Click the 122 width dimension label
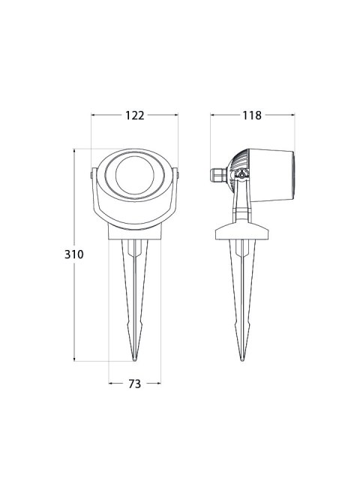tap(134, 115)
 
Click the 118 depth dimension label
tap(252, 115)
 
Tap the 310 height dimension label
tap(74, 255)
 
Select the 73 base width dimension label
tap(134, 384)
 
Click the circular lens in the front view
tap(135, 175)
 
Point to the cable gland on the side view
tap(218, 176)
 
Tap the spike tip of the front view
tap(135, 360)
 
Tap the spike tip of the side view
tap(242, 360)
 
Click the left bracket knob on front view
tap(91, 175)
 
